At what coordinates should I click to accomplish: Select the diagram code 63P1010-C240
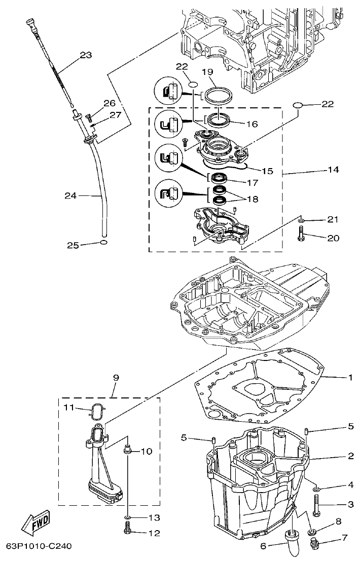tap(39, 546)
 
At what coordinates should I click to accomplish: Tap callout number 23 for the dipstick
tap(86, 55)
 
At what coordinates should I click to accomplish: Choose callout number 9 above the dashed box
tap(116, 378)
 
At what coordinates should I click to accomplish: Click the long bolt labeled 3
tap(316, 504)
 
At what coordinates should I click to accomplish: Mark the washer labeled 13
tap(128, 517)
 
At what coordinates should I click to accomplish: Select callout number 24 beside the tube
tap(71, 195)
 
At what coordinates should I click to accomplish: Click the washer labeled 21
tap(301, 220)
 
